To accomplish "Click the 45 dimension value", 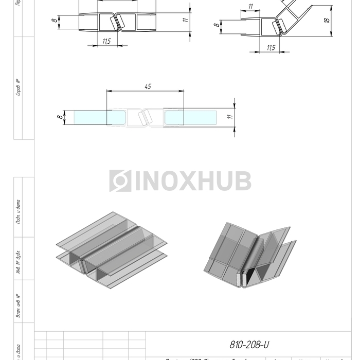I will point(147,86).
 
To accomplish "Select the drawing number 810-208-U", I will point(250,345).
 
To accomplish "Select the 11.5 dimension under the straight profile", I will point(107,41).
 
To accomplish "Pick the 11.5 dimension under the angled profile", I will point(271,47).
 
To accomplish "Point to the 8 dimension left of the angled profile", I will point(217,24).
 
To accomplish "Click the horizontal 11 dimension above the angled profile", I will point(250,6).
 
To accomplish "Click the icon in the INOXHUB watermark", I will point(120,181).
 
